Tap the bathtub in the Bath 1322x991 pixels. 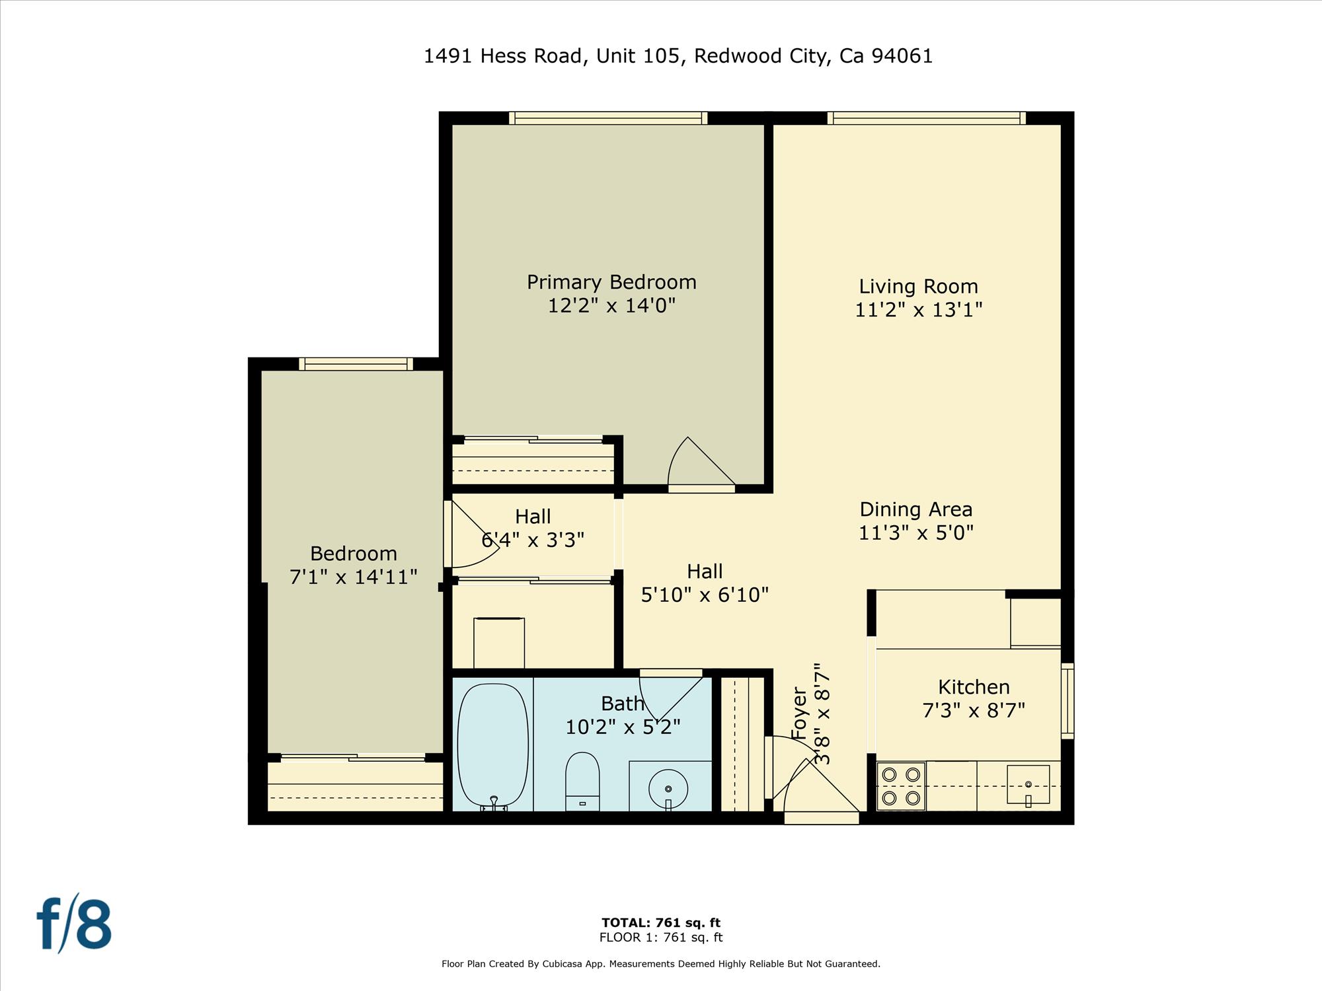(493, 747)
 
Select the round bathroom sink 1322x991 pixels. (668, 788)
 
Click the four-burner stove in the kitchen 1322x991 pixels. (901, 786)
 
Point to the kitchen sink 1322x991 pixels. (1028, 785)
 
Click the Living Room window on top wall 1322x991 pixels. (926, 118)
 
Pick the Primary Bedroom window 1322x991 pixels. (608, 118)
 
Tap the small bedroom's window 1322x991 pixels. (356, 364)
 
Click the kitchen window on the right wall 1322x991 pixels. (1067, 700)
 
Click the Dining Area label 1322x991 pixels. (915, 509)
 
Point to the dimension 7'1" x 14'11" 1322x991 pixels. (354, 577)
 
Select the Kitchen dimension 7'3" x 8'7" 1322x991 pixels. (973, 710)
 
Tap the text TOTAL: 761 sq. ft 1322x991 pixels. (660, 922)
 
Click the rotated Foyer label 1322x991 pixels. (800, 714)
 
